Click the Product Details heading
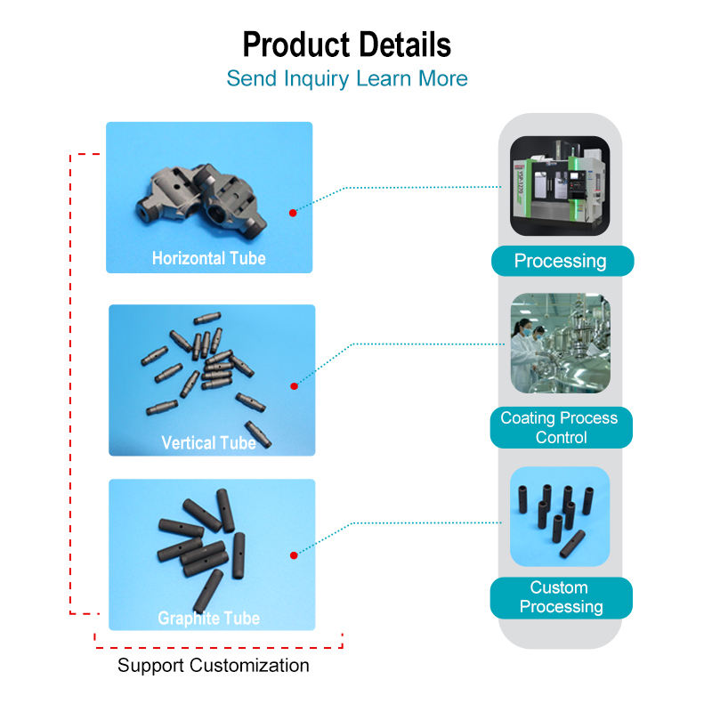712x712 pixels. [x=347, y=44]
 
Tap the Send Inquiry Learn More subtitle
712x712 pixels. [x=347, y=78]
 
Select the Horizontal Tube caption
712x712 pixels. [x=209, y=259]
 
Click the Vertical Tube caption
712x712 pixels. [x=209, y=442]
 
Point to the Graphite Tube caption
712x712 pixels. [x=209, y=618]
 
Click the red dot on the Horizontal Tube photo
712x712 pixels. [x=293, y=213]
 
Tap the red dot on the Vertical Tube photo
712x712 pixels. [x=293, y=386]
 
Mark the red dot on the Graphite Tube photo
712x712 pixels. [x=293, y=556]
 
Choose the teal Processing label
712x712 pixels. [x=561, y=261]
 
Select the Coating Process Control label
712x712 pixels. [x=561, y=427]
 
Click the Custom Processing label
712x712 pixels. [x=561, y=597]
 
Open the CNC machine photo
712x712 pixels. [x=560, y=185]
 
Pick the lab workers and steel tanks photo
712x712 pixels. [x=560, y=344]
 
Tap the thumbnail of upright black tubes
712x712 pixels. [x=560, y=517]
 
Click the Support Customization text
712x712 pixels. [x=214, y=666]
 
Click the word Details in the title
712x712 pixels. [x=400, y=44]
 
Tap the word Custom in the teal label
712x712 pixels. [x=559, y=587]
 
